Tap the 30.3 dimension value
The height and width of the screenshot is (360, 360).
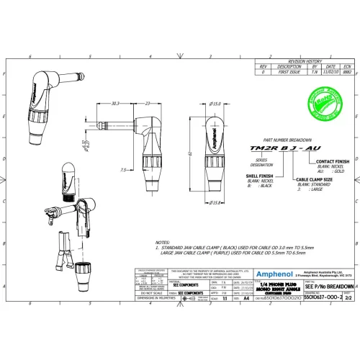point(114,104)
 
